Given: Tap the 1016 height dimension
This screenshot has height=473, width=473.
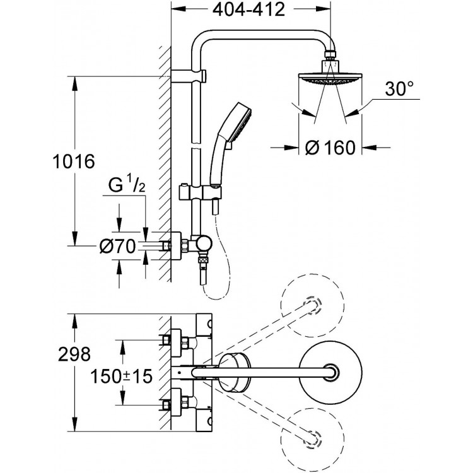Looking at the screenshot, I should click(74, 161).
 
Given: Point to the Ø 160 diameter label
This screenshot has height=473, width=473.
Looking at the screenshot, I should click(330, 148).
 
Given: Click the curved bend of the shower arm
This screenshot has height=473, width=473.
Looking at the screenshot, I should click(208, 41).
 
